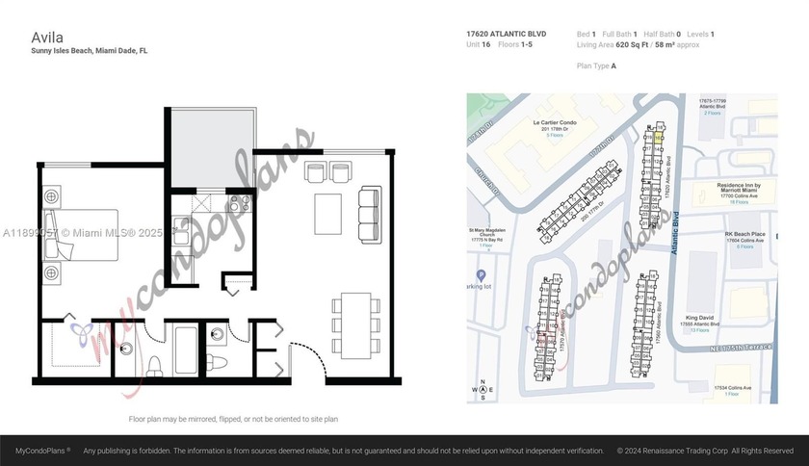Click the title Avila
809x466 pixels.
click(x=47, y=37)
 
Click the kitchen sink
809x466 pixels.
click(x=180, y=233)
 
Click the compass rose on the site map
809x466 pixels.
click(x=480, y=390)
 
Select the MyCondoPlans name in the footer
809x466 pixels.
click(x=42, y=451)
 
